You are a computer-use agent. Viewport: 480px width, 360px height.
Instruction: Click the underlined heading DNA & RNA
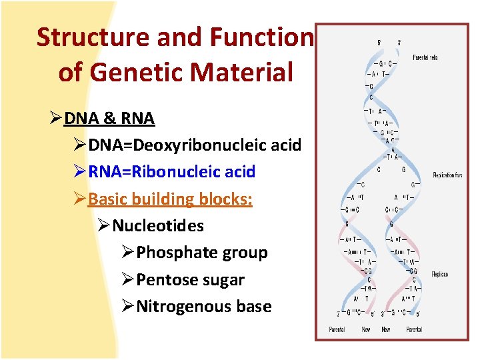coord(109,119)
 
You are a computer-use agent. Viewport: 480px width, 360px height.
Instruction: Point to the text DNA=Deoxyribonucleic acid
coord(195,145)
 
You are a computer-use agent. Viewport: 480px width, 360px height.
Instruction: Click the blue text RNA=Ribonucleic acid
coord(171,172)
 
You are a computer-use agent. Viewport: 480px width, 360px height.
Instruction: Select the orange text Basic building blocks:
coord(170,199)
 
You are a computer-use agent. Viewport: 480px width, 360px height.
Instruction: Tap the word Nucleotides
coord(158,226)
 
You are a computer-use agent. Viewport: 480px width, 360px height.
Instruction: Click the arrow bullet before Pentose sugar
coord(128,280)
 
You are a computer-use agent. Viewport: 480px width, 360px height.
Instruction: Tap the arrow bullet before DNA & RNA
coord(56,119)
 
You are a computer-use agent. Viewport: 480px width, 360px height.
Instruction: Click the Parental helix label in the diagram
coord(425,57)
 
